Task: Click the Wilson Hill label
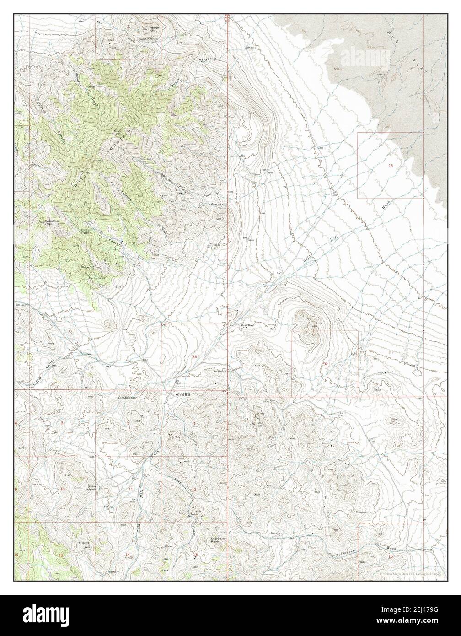(x=155, y=29)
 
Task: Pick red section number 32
(x=326, y=363)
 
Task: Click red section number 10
(x=63, y=490)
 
